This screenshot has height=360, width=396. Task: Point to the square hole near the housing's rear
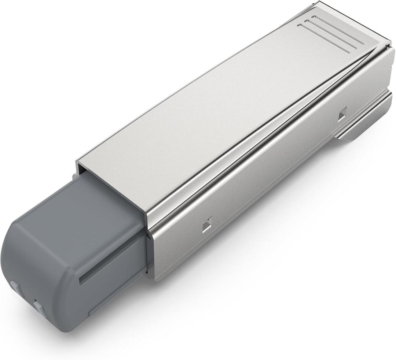(342, 115)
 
